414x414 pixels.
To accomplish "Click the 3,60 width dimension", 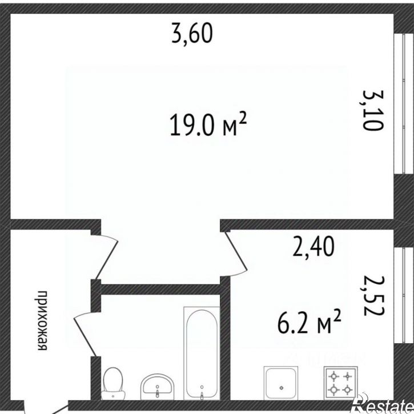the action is [192, 34].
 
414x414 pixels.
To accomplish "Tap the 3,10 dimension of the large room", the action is [372, 110].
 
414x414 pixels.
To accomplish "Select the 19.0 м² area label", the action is [208, 124].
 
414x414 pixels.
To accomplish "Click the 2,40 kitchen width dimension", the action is [313, 247].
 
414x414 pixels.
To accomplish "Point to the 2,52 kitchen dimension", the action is [373, 296].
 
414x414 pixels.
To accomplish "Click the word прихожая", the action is [42, 321].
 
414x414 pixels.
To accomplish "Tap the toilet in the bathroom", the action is [113, 383].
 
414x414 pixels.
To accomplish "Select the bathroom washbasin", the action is [158, 387].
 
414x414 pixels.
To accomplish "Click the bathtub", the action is [202, 353].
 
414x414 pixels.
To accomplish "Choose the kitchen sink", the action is [281, 383].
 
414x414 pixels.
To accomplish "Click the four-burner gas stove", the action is [340, 383].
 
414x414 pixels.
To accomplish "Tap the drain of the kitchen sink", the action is [281, 388].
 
